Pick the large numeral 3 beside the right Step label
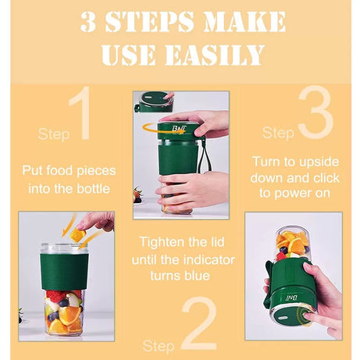tap(315, 116)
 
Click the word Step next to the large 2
tap(159, 344)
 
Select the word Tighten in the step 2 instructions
tap(160, 242)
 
